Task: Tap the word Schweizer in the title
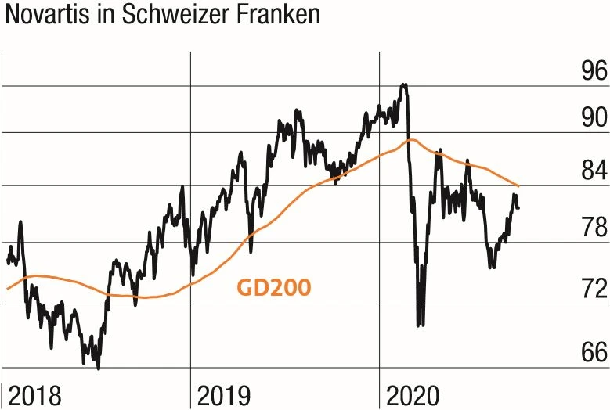tap(173, 16)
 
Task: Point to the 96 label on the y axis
tap(589, 71)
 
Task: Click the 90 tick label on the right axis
tap(589, 118)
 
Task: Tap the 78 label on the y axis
tap(589, 228)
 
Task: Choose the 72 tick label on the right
tap(589, 288)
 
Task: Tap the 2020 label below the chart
tap(411, 395)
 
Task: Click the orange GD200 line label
tap(273, 286)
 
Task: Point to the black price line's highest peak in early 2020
tap(403, 85)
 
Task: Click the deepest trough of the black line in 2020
tap(421, 324)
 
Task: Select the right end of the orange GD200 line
tap(518, 186)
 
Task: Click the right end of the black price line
tap(518, 207)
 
